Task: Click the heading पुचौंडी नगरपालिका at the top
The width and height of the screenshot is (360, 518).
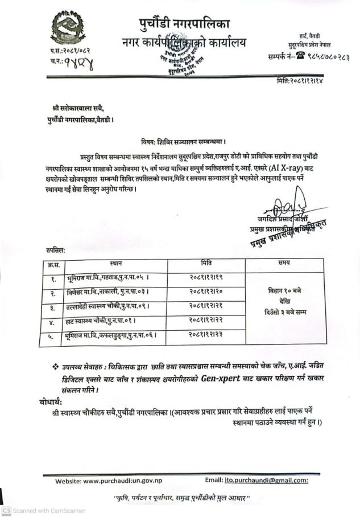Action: [184, 24]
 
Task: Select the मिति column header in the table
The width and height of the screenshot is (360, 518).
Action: [206, 263]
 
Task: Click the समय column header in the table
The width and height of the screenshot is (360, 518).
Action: [284, 263]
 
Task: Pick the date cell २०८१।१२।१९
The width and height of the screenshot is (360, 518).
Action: [206, 277]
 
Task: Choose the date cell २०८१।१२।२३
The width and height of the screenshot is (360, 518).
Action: [206, 336]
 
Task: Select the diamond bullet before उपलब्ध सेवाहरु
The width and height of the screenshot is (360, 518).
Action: [55, 364]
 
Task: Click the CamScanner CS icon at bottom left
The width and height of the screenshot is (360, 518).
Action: [6, 511]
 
